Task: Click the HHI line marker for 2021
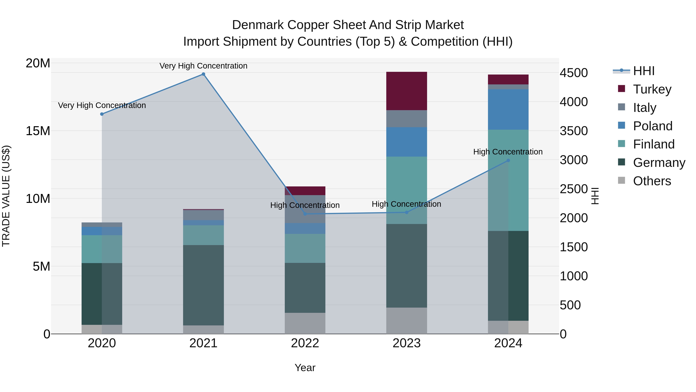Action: [x=203, y=74]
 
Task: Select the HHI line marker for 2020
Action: [x=102, y=114]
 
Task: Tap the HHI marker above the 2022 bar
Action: [x=305, y=214]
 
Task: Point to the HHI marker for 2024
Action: [x=508, y=160]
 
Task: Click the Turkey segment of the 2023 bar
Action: [x=407, y=91]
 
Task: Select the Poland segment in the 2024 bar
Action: [x=508, y=110]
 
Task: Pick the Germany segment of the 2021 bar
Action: [x=203, y=285]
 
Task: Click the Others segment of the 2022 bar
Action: [x=305, y=323]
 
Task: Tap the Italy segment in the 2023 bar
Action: [x=407, y=119]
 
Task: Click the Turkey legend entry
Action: [x=652, y=89]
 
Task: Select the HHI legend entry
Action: [x=643, y=71]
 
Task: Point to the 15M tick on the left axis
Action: [x=38, y=131]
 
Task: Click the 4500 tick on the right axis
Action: [x=574, y=73]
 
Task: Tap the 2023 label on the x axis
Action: [x=407, y=343]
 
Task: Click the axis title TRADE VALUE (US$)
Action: [x=6, y=196]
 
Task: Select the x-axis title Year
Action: [x=305, y=368]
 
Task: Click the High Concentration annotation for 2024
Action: [x=508, y=152]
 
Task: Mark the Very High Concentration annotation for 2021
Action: [x=203, y=66]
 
